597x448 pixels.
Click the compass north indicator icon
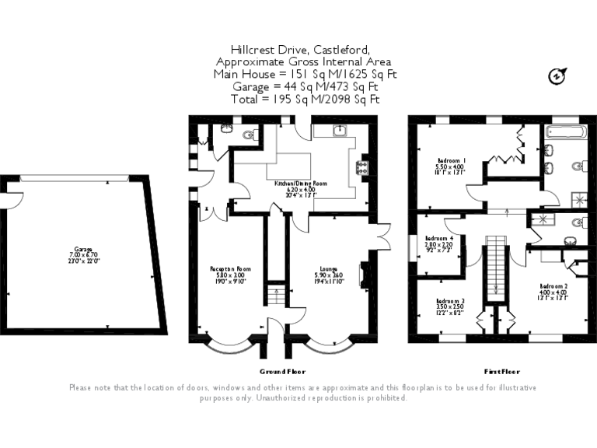[556, 76]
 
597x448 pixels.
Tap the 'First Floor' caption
[501, 372]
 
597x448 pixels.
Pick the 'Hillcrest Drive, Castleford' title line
[284, 48]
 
